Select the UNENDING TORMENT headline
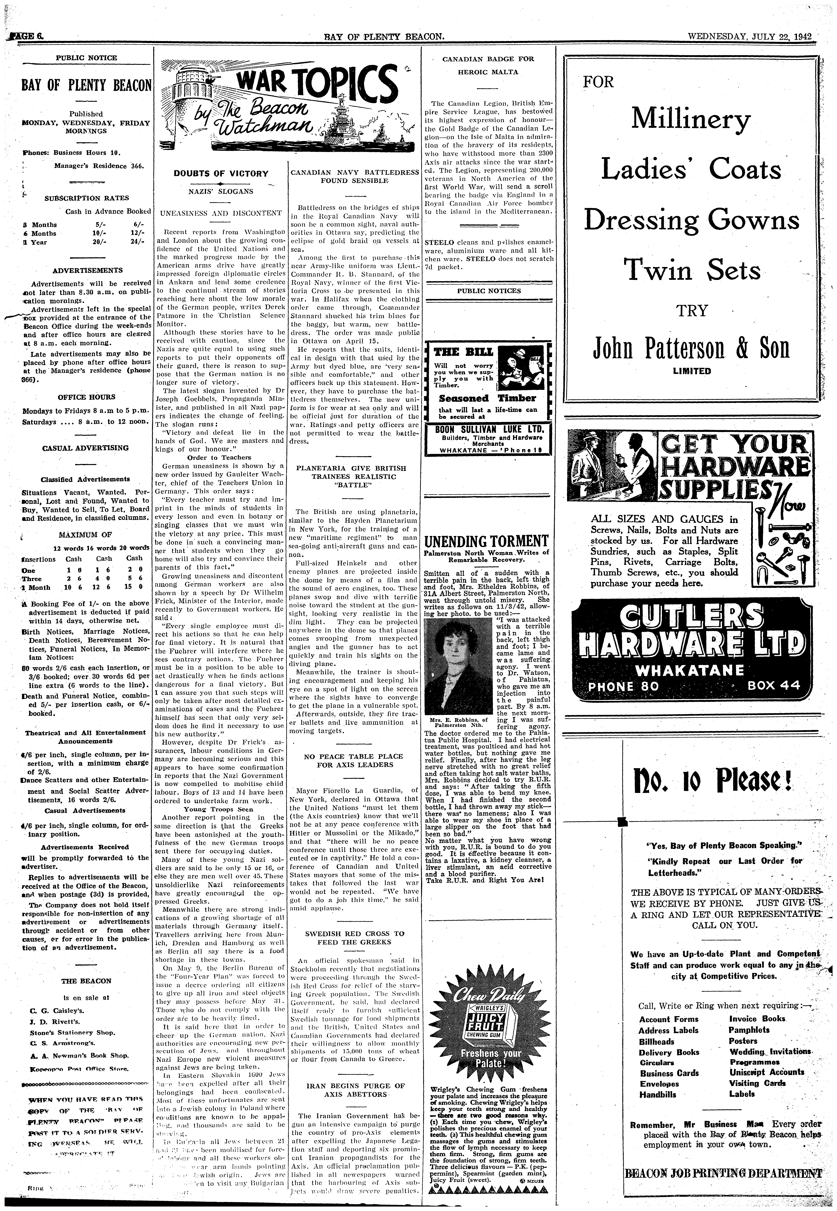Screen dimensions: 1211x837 [x=486, y=540]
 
